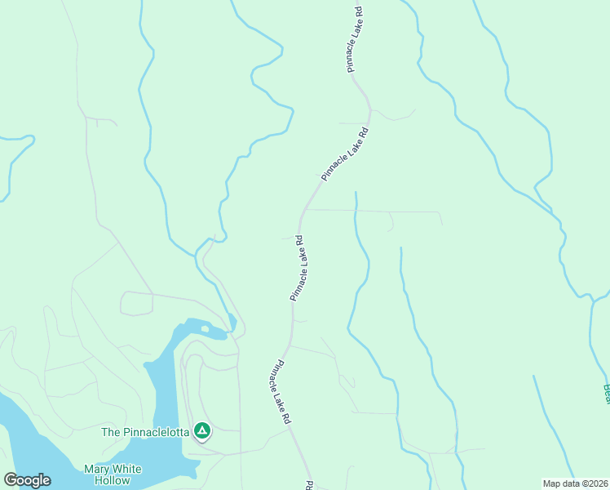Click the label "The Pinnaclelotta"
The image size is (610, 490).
(144, 431)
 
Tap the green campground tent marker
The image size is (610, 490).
(202, 430)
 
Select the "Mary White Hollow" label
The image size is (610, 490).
(113, 474)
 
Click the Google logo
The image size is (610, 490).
(27, 480)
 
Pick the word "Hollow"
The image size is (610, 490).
(111, 480)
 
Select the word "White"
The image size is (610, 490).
(126, 469)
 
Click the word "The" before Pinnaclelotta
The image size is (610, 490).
(111, 431)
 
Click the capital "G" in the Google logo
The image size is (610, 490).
(11, 480)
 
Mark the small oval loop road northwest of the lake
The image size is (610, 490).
(137, 303)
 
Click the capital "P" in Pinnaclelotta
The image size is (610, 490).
(126, 431)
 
